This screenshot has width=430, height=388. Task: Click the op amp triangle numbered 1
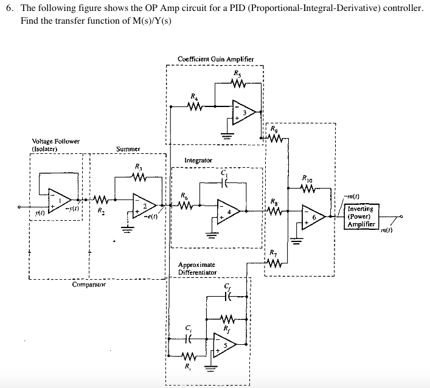click(61, 200)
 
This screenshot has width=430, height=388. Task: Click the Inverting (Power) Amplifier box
click(362, 217)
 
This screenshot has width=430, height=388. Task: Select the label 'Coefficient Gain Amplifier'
click(215, 59)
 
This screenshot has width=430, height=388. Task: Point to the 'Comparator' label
click(89, 284)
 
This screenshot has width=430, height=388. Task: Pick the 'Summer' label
click(128, 148)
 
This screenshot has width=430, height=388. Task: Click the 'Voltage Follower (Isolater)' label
click(55, 144)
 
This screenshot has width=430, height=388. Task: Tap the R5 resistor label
click(237, 73)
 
